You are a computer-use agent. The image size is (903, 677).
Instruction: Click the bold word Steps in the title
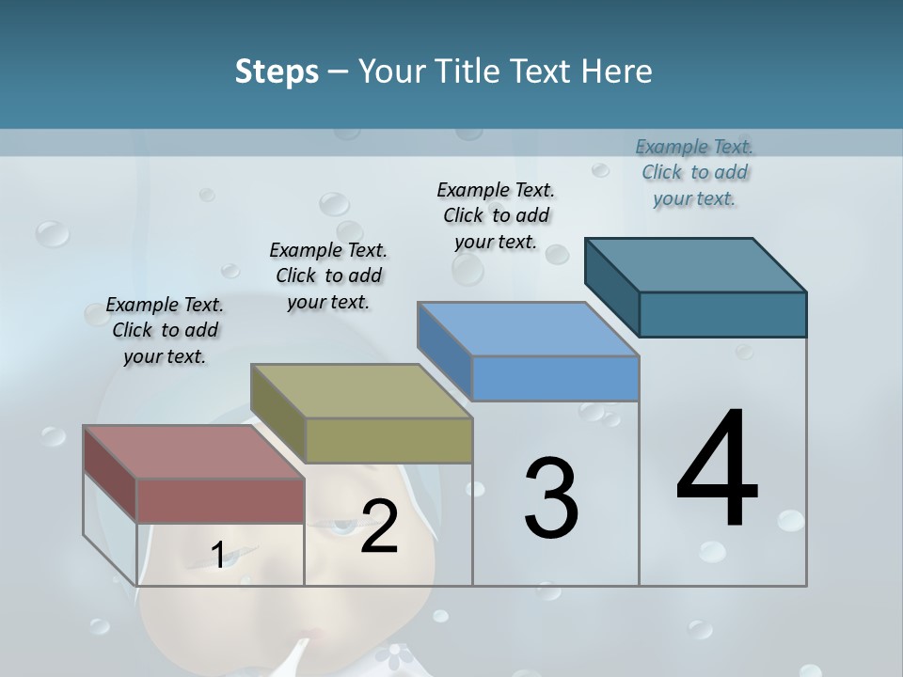277,71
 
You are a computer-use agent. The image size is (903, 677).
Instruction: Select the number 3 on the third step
551,499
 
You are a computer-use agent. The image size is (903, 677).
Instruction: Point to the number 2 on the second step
379,527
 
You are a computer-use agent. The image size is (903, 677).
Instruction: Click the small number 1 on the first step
218,556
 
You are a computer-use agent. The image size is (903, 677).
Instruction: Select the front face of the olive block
388,440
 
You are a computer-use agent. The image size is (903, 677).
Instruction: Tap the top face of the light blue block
528,329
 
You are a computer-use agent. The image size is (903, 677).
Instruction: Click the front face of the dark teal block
722,314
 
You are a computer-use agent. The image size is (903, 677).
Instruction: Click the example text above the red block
165,330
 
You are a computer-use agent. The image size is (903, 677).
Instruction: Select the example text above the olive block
328,276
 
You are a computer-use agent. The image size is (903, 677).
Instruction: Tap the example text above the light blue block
496,215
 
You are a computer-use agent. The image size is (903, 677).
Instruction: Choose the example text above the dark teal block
694,172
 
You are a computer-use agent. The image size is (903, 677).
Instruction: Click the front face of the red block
220,500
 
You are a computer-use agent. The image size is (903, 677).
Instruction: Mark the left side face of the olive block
278,414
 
